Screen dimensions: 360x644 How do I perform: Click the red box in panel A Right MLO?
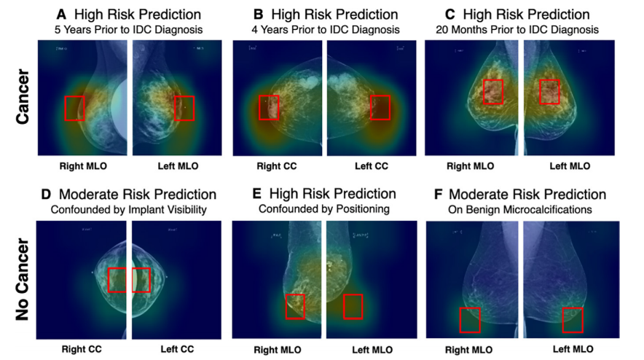tap(75, 108)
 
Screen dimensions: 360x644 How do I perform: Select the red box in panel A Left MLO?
tap(184, 107)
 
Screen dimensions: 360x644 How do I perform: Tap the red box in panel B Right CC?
tap(269, 107)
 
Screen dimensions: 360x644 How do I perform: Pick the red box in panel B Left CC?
tap(380, 107)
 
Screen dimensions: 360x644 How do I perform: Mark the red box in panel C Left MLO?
tap(549, 92)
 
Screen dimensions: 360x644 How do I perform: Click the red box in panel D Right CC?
tap(117, 280)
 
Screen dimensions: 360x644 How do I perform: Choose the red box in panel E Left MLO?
tap(353, 306)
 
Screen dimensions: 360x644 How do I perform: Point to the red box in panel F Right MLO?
tap(470, 320)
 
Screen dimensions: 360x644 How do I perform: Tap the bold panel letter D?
tap(45, 195)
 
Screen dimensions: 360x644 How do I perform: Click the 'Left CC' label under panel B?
tap(371, 166)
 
